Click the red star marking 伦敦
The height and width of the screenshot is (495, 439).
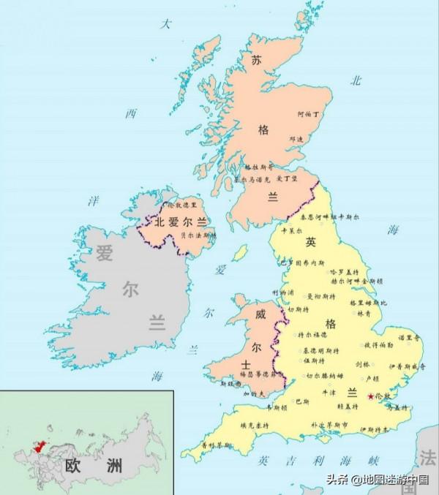(370, 396)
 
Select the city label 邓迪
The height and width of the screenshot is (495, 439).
(296, 138)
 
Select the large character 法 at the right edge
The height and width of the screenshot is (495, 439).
(428, 458)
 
